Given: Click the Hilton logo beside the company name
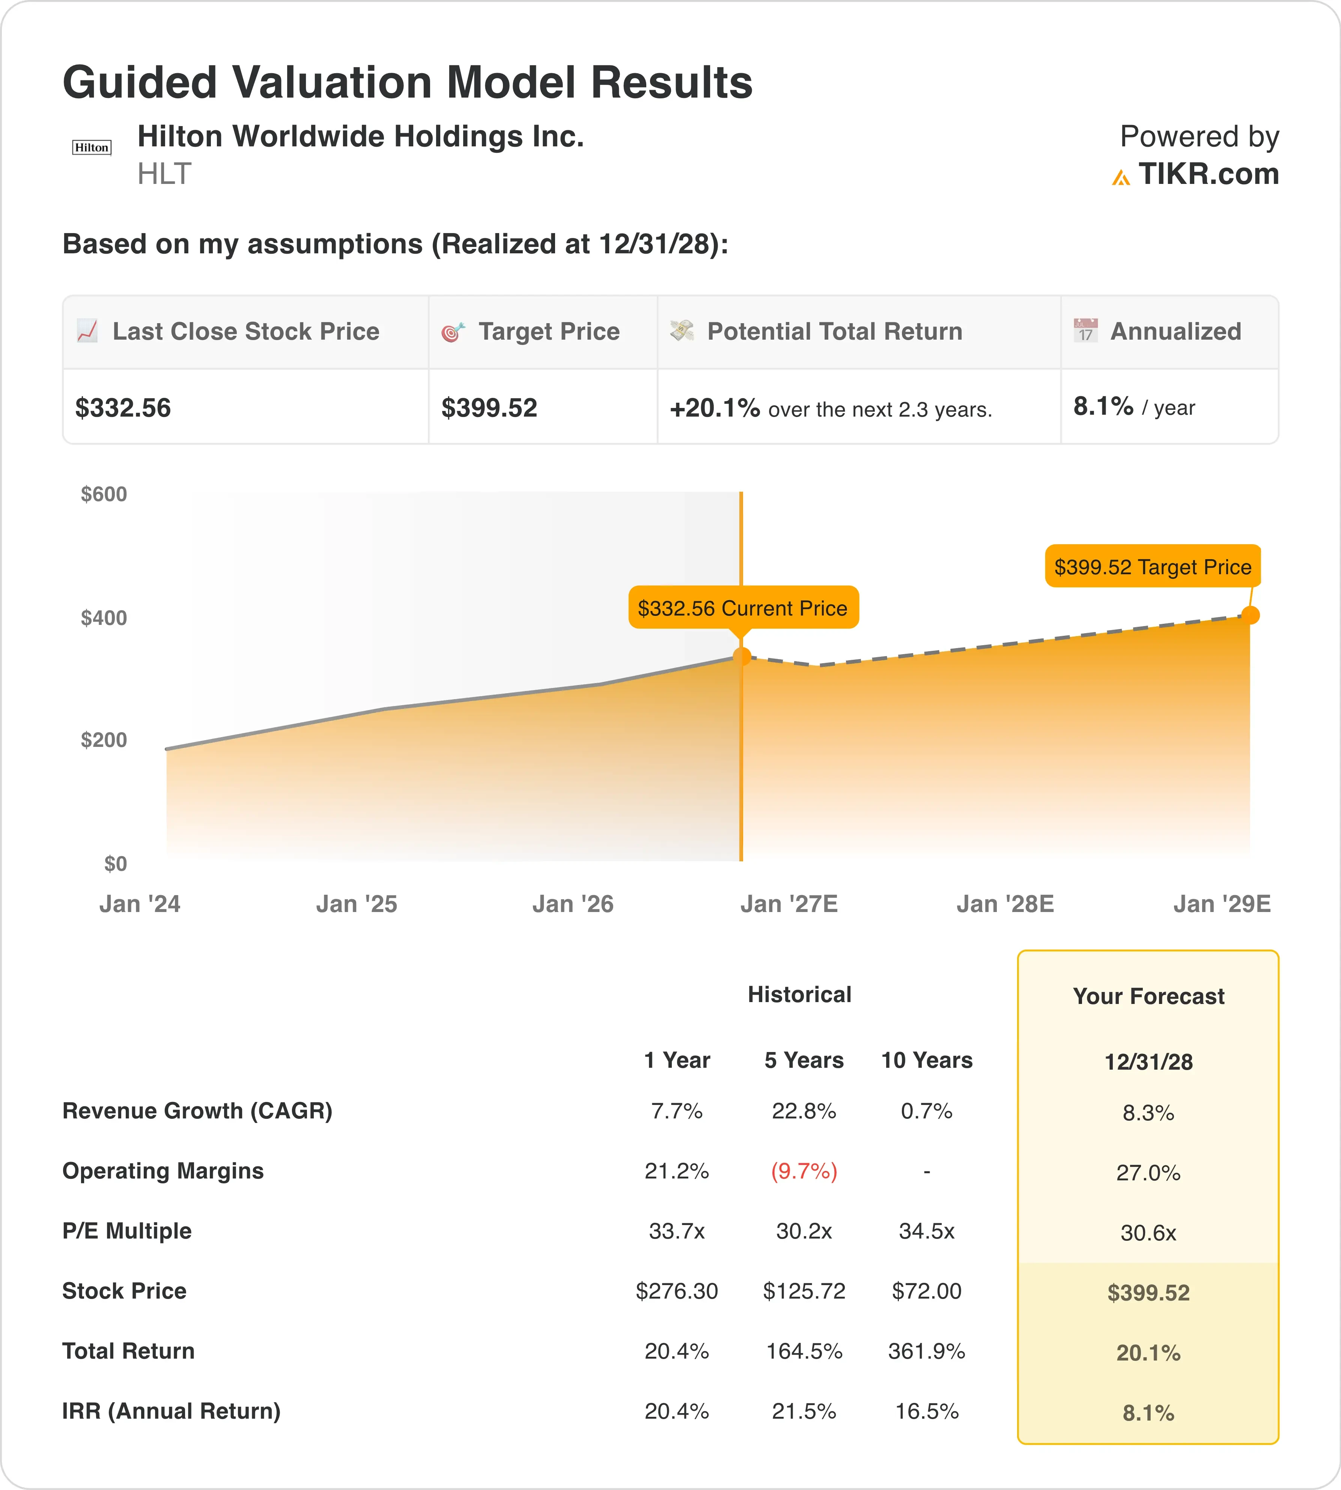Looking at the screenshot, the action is point(91,147).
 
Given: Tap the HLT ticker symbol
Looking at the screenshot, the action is point(164,174).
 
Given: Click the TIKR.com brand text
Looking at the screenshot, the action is point(1209,174).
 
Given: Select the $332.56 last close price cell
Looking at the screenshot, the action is point(123,408).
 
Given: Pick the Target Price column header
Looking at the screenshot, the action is point(549,332).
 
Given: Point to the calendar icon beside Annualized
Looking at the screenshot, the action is point(1085,330).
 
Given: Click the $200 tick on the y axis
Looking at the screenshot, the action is point(104,740).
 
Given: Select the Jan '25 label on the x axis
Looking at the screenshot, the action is point(357,904).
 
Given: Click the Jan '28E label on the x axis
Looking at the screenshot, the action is point(1005,904).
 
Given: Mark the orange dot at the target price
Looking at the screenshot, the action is point(1251,614).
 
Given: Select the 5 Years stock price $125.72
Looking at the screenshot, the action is point(804,1291).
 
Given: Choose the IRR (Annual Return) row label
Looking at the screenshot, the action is point(172,1411).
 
